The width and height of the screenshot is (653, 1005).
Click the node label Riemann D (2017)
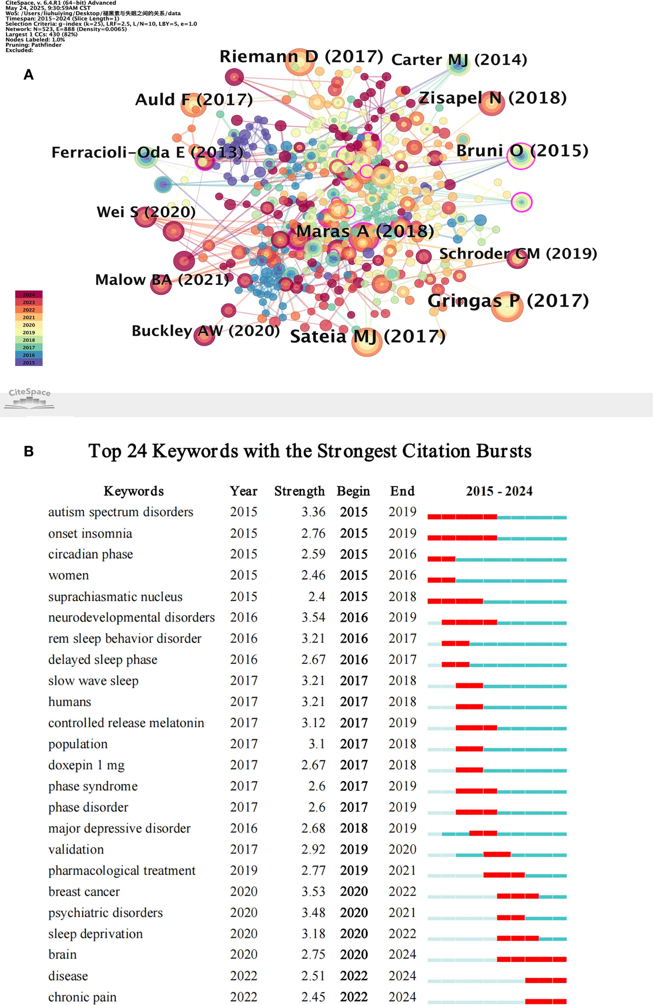coord(301,57)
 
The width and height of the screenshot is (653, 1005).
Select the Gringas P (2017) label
coord(508,301)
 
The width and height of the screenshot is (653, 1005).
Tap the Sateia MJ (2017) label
coord(368,336)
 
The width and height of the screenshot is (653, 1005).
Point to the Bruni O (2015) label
coord(522,151)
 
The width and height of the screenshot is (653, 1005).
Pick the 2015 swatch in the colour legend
coord(29,362)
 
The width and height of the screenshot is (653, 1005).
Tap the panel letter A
coord(28,75)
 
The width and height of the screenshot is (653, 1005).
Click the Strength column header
coord(299,491)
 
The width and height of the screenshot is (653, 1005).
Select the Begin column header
coord(353,491)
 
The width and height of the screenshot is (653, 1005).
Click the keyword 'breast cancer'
coord(84,891)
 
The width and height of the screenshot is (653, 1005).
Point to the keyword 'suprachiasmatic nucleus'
coord(115,597)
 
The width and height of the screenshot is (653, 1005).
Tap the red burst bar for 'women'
coord(441,580)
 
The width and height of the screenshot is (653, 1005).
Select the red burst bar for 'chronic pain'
coord(546,1001)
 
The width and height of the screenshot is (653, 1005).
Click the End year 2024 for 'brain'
coord(402,954)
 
